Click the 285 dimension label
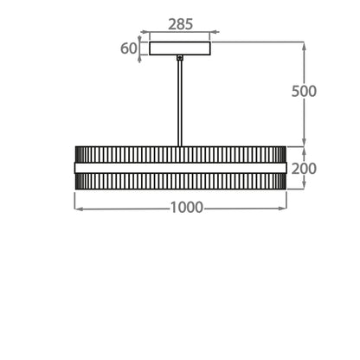[180, 24]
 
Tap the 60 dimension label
[128, 48]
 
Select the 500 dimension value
[304, 91]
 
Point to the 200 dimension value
[304, 169]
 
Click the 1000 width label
[187, 208]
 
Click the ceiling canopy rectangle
[180, 48]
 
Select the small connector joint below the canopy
[180, 58]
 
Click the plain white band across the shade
[181, 168]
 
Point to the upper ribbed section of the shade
[181, 155]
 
